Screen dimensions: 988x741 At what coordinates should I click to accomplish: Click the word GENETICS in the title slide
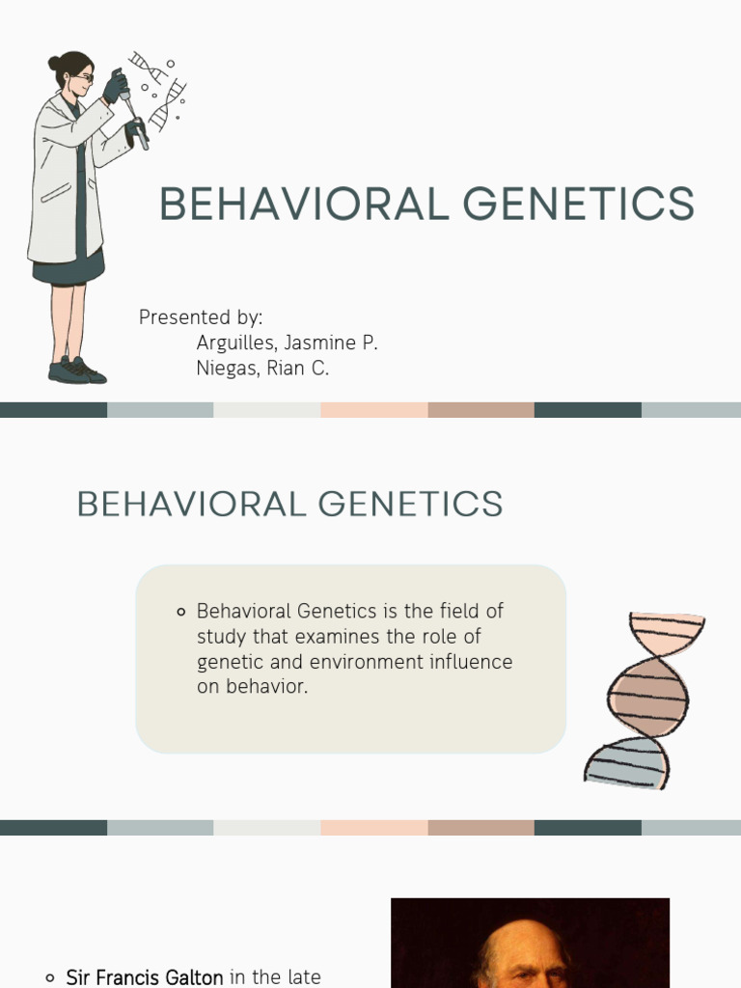(578, 205)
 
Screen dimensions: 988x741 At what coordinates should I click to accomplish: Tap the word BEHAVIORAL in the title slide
(304, 205)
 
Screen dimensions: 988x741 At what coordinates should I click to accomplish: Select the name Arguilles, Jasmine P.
(287, 343)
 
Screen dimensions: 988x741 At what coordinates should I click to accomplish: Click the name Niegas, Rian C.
(262, 368)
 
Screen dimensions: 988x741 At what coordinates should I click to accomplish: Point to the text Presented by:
(201, 317)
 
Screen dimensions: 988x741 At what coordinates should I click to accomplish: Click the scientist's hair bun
(55, 64)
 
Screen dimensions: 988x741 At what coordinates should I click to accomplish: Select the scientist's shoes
(75, 370)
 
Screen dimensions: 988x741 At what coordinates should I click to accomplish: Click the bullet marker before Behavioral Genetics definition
(181, 612)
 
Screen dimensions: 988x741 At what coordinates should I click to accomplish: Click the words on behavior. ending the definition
(253, 688)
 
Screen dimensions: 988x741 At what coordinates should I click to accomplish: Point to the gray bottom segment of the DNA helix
(626, 762)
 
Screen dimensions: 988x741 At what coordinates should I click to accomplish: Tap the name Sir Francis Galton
(145, 977)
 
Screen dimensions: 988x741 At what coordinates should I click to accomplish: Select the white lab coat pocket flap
(55, 193)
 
